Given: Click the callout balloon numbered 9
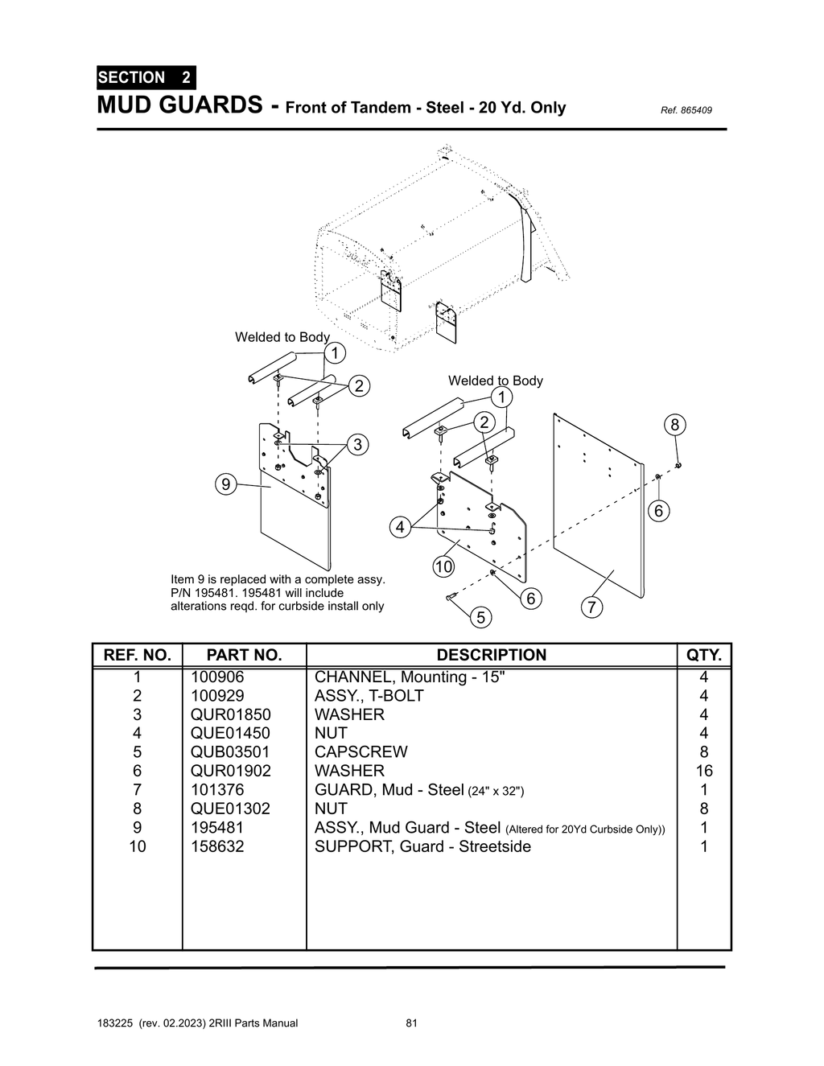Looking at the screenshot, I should pyautogui.click(x=226, y=484).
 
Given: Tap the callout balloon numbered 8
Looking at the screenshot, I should pyautogui.click(x=674, y=425).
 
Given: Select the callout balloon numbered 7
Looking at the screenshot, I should pyautogui.click(x=591, y=607).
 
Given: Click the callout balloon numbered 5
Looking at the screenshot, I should pyautogui.click(x=480, y=617).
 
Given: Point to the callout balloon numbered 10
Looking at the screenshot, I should pyautogui.click(x=443, y=566).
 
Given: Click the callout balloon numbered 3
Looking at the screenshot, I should pyautogui.click(x=357, y=444).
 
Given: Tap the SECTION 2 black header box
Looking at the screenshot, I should pyautogui.click(x=145, y=78).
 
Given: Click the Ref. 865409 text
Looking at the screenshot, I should pyautogui.click(x=686, y=110).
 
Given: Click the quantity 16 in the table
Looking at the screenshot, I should pyautogui.click(x=703, y=771).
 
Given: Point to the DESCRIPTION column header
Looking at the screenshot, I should pyautogui.click(x=491, y=655).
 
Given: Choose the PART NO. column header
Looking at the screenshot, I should pyautogui.click(x=244, y=655).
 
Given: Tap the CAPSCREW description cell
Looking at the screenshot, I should pyautogui.click(x=360, y=752).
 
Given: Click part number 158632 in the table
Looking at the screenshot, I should pyautogui.click(x=217, y=846).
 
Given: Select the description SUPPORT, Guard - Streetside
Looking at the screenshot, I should pyautogui.click(x=422, y=846).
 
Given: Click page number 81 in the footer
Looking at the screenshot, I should pyautogui.click(x=411, y=1023).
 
